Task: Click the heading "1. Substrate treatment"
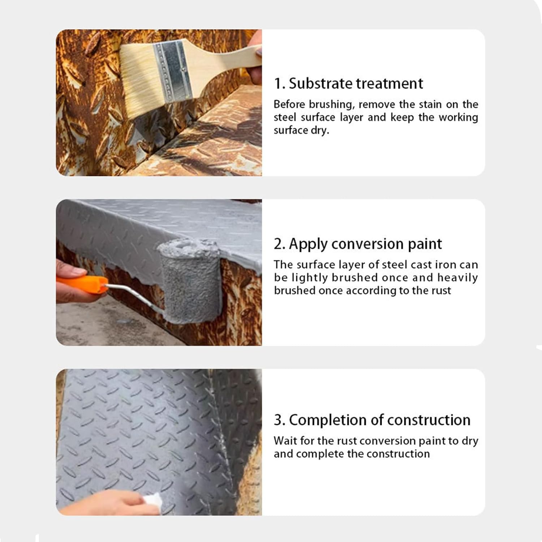point(348,83)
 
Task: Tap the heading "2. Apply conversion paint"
point(358,244)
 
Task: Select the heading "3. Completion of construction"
point(372,420)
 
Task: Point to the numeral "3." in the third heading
point(280,420)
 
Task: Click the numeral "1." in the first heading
point(279,84)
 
